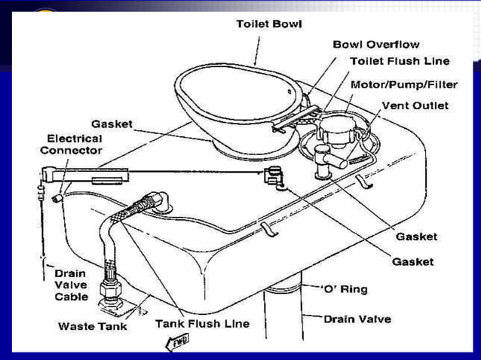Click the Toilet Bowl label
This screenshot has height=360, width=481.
(x=268, y=24)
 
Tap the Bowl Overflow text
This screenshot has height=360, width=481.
(x=375, y=45)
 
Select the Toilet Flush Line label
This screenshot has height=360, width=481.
(x=399, y=61)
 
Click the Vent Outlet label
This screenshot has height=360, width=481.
(x=415, y=105)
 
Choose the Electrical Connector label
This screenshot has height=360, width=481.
(x=75, y=145)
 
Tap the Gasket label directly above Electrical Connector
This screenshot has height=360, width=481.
(x=112, y=124)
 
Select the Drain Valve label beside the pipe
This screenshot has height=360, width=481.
(x=357, y=319)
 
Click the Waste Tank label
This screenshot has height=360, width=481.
(x=92, y=326)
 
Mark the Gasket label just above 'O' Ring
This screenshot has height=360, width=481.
(x=412, y=261)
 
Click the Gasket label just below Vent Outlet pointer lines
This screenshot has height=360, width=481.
(x=416, y=236)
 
